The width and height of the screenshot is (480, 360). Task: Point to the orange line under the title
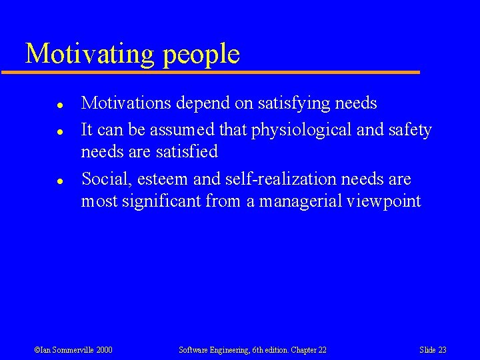click(x=220, y=72)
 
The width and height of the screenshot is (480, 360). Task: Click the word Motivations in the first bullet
click(x=125, y=103)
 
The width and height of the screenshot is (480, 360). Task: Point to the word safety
click(x=408, y=130)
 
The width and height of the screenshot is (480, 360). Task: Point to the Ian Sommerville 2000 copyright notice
click(x=73, y=350)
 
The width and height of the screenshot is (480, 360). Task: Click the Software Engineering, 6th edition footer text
click(x=253, y=350)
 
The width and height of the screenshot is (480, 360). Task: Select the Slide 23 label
click(x=433, y=350)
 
